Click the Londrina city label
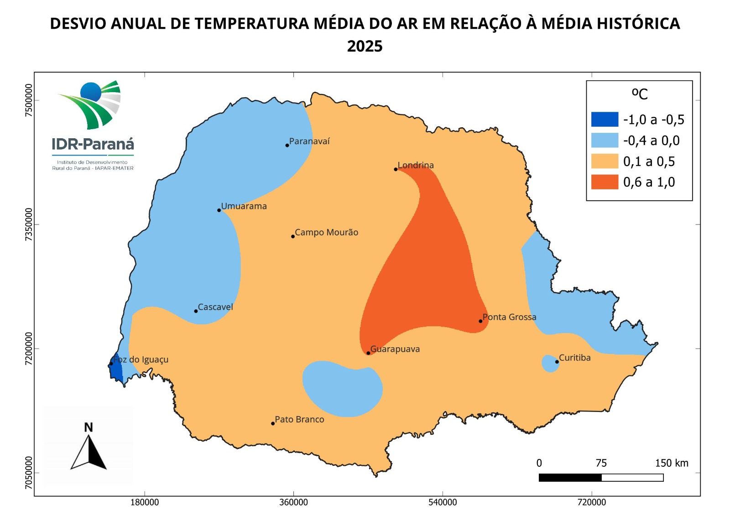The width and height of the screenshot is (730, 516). point(416,165)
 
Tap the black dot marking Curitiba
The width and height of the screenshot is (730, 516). point(557,362)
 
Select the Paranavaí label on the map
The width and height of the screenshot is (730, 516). point(309,141)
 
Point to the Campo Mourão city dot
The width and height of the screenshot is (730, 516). point(293,236)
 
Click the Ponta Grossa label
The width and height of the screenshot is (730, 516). point(509,317)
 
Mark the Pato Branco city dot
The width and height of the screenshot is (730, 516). point(273,423)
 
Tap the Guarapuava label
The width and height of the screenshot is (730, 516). point(395,349)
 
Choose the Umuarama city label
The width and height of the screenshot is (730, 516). point(244,206)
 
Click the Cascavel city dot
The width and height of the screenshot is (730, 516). point(196,311)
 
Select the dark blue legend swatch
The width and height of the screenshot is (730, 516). point(605,120)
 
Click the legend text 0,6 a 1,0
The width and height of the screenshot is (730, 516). point(649,182)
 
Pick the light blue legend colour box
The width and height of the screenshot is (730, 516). point(605,141)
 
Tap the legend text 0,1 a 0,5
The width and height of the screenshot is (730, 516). point(649,162)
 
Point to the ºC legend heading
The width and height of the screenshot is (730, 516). point(640,94)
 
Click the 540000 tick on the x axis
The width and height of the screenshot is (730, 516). point(443,502)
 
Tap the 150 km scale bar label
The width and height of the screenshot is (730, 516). point(672,463)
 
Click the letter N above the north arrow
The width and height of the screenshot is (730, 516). point(89,427)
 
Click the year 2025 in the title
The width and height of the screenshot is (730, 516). point(365,46)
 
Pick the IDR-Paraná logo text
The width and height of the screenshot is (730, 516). point(93,144)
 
